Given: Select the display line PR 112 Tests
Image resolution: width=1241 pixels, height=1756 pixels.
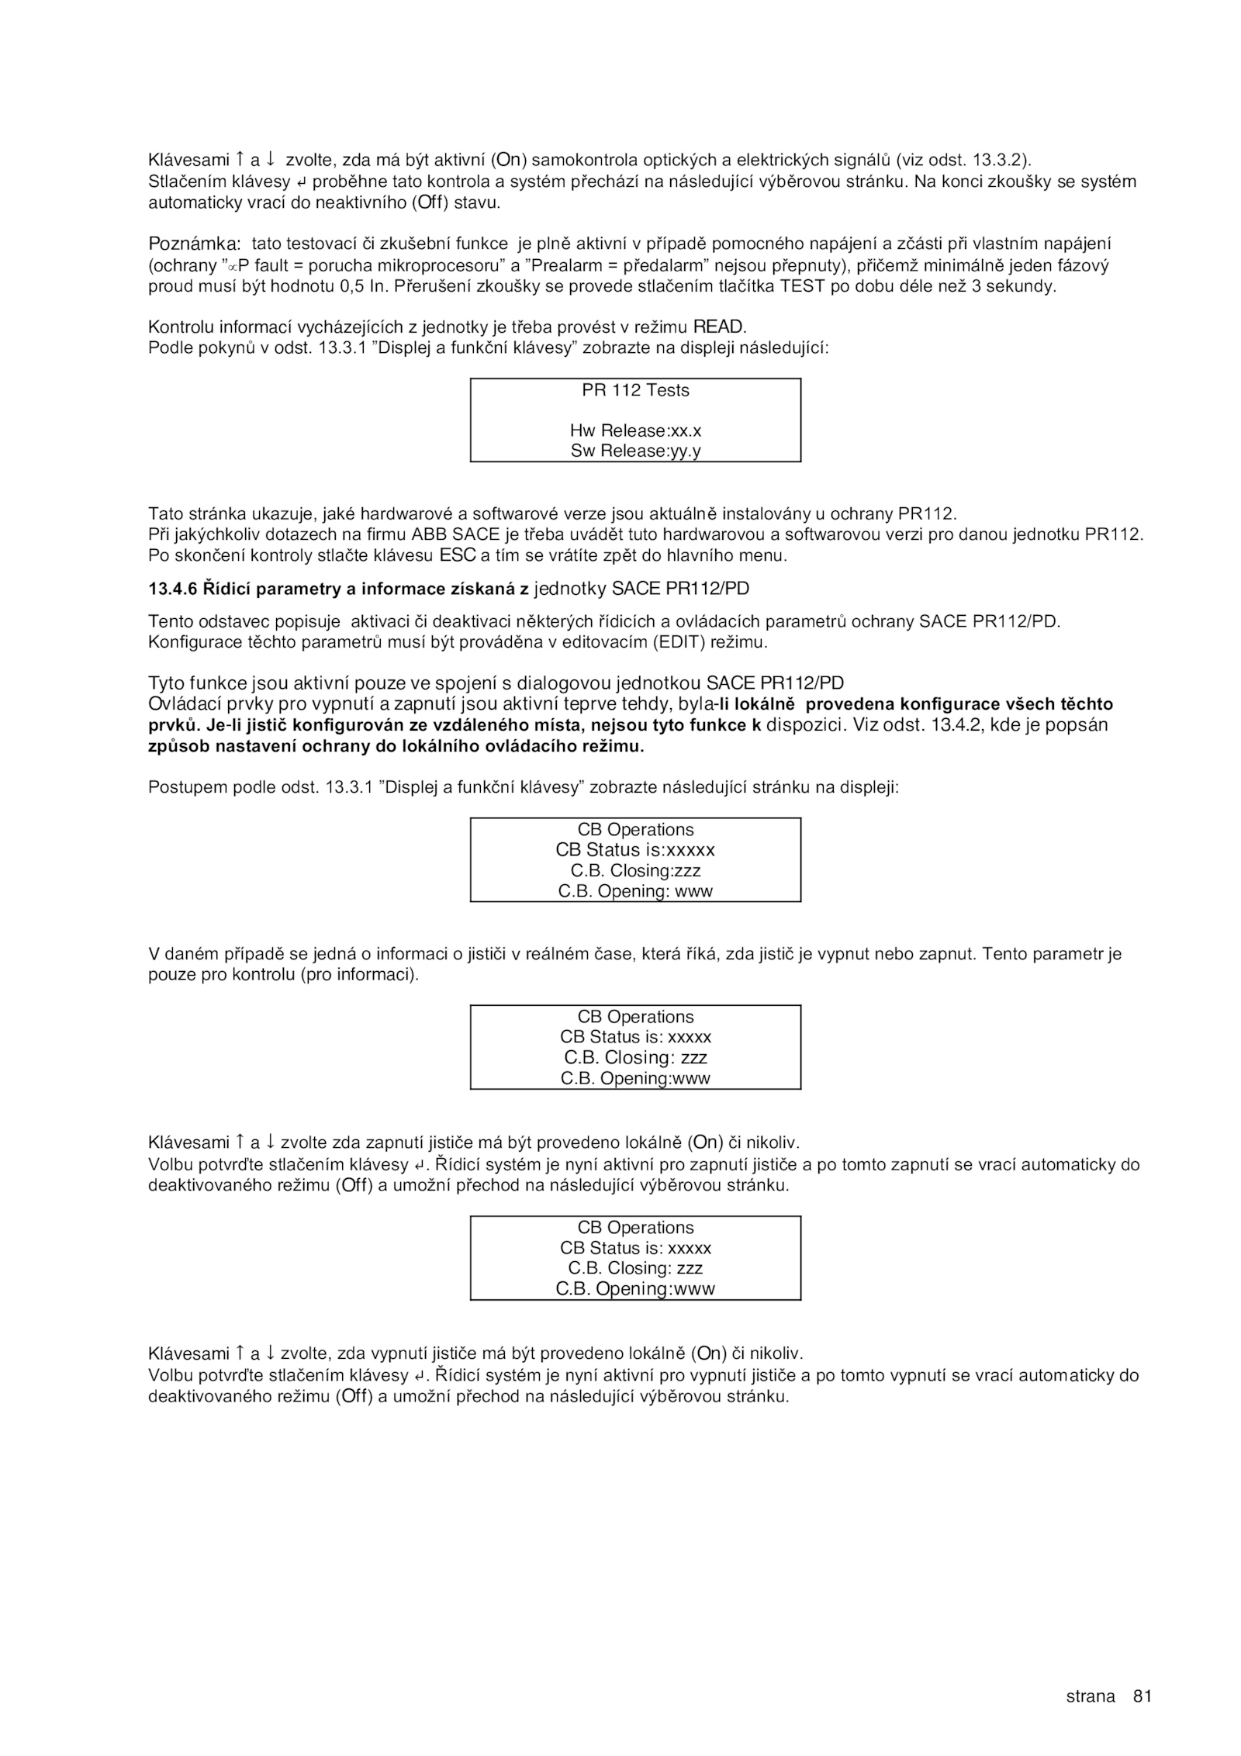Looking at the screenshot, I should pyautogui.click(x=635, y=390).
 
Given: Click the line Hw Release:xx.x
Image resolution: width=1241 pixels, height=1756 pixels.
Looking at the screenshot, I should pyautogui.click(x=635, y=430).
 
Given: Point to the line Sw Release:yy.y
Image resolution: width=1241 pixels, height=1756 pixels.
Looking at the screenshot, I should pyautogui.click(x=635, y=451).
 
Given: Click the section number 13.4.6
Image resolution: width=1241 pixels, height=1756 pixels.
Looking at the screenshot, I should pyautogui.click(x=173, y=589).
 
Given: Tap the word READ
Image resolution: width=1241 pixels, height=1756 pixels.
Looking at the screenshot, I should pyautogui.click(x=718, y=327).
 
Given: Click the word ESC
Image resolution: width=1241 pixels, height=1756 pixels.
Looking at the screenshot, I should pyautogui.click(x=457, y=555).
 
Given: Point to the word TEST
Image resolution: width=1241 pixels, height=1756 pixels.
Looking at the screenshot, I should pyautogui.click(x=803, y=286).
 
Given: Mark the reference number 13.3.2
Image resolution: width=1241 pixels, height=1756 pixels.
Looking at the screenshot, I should pyautogui.click(x=1000, y=161).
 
